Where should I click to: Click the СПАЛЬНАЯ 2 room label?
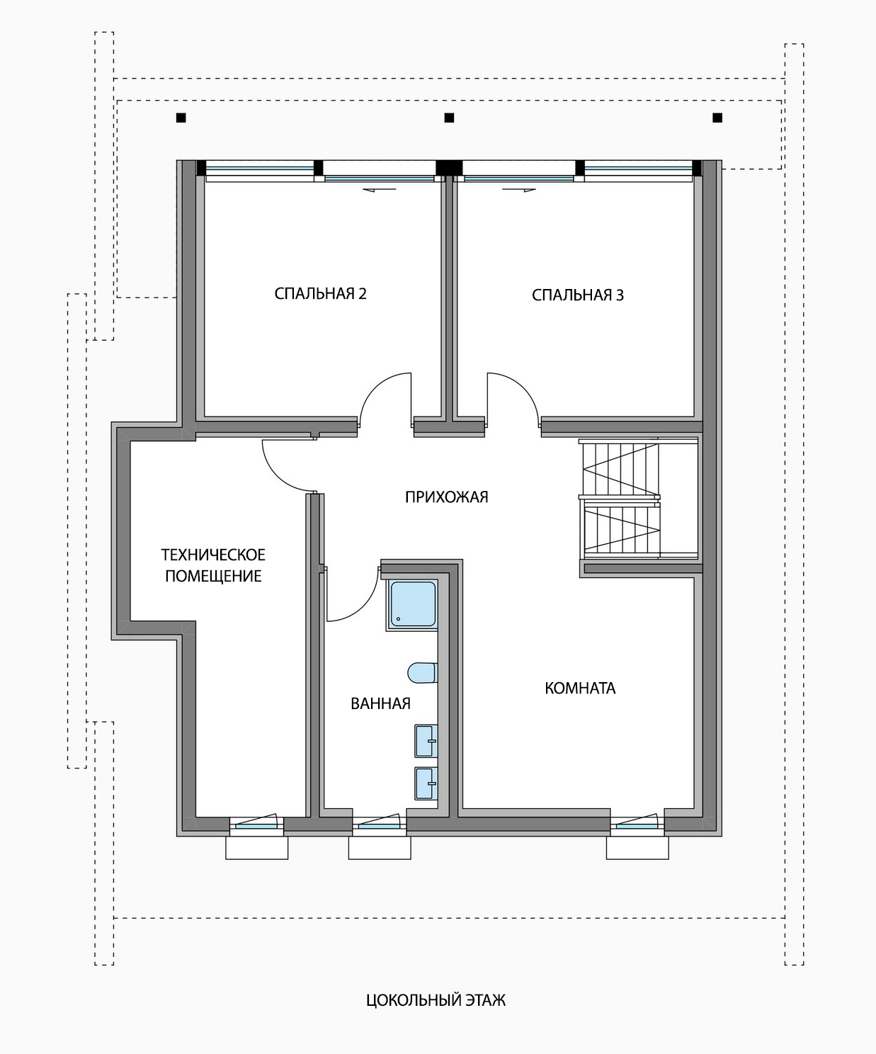pos(320,293)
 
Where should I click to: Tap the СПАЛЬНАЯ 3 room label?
pos(578,295)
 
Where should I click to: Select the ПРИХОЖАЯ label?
pos(447,497)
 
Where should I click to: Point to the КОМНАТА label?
pos(580,688)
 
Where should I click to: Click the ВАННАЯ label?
pos(380,703)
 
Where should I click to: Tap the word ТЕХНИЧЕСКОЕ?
pos(213,555)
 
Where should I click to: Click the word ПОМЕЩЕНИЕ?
pos(213,576)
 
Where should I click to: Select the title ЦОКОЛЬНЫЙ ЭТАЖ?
pos(436,999)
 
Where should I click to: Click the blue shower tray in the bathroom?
pos(413,605)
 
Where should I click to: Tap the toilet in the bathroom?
pos(422,673)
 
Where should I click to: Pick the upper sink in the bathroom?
pos(426,741)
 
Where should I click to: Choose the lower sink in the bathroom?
pos(426,784)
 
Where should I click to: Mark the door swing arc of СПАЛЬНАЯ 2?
pos(375,387)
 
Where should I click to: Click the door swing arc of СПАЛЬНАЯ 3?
pos(523,387)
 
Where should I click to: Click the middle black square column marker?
pos(449,118)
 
